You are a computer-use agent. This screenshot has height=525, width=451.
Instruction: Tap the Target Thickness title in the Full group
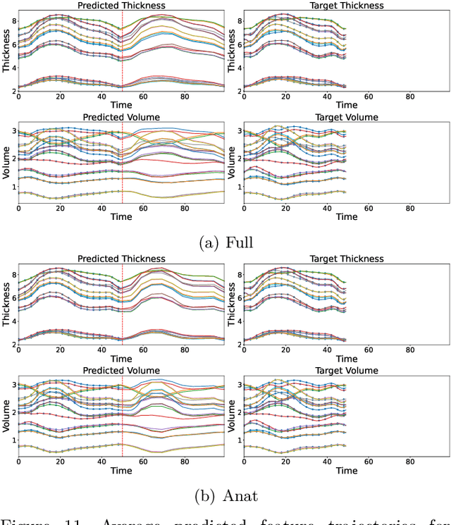[347, 6]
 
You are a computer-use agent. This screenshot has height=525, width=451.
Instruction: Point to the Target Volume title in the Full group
[347, 117]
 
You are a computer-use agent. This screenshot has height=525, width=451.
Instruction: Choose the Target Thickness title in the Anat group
[347, 259]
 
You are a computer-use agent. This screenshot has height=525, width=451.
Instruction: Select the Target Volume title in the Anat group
[347, 371]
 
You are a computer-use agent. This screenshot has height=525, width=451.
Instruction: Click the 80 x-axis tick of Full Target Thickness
[409, 98]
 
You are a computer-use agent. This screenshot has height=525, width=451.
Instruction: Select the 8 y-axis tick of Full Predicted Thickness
[12, 21]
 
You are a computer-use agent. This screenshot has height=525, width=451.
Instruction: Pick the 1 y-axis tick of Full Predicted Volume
[12, 186]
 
